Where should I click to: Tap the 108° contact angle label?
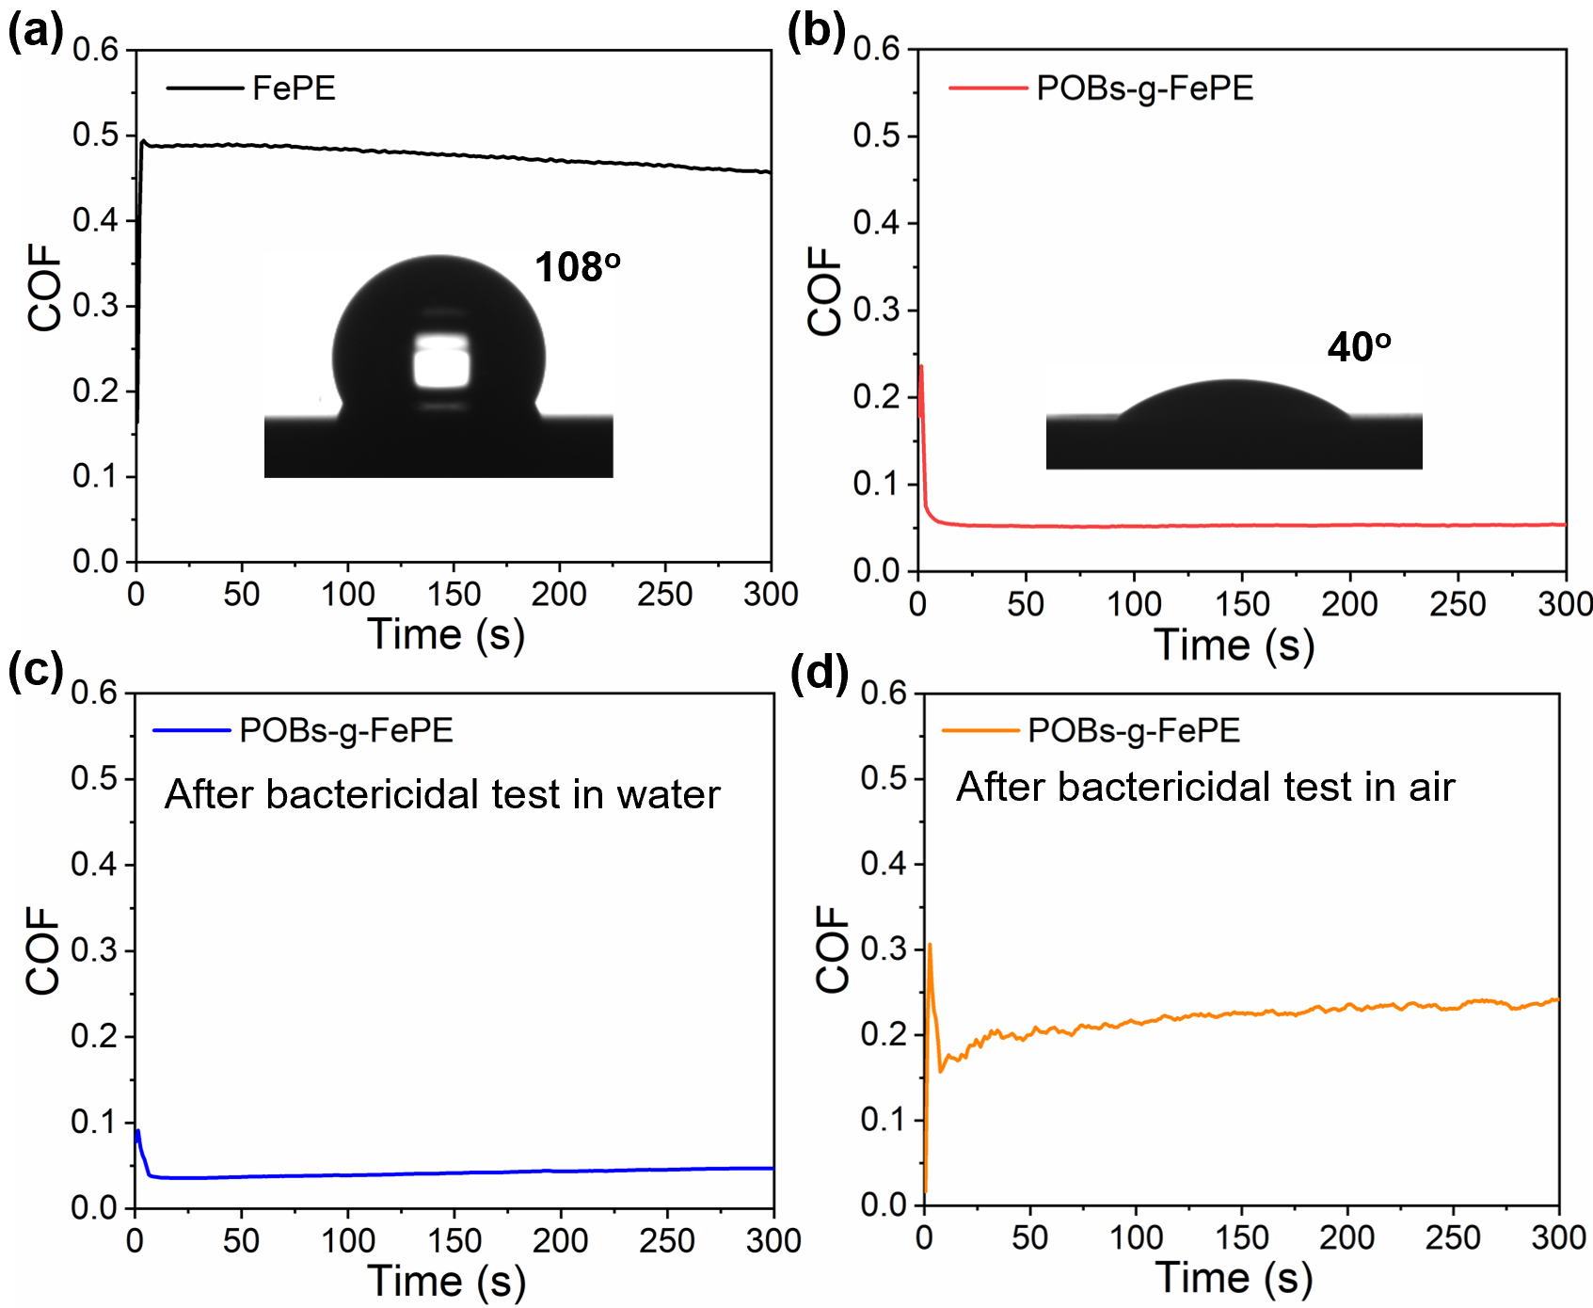coord(577,267)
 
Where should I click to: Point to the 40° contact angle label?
coord(1359,347)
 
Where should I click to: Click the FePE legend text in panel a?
coord(294,88)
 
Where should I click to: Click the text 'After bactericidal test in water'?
coord(442,794)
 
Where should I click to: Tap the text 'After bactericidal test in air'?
coord(1205,787)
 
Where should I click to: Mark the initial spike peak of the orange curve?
coord(930,945)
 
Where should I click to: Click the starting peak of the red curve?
coord(921,367)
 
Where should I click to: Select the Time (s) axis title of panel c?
coord(445,1281)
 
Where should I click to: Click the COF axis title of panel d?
coord(833,949)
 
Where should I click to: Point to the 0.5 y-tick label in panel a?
coord(97,135)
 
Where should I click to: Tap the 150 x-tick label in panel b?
coord(1241,604)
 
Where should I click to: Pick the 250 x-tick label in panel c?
coord(666,1241)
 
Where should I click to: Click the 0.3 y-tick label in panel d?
coord(883,949)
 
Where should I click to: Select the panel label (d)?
coord(819,673)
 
